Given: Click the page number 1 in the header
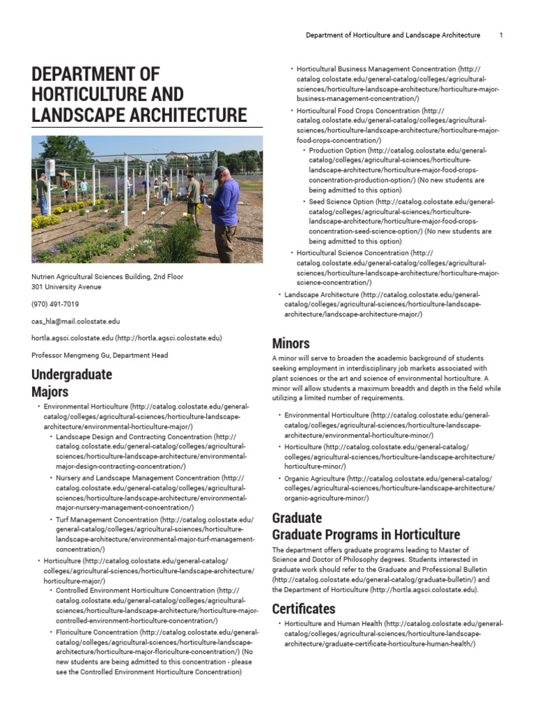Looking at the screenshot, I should [501, 35].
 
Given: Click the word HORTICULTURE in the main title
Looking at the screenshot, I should [108, 94].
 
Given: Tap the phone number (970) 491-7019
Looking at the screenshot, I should [55, 304].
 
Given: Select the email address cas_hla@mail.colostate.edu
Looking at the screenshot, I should [76, 321].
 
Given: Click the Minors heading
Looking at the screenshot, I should [290, 343].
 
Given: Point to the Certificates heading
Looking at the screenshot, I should [303, 608].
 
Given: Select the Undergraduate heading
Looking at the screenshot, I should [72, 374].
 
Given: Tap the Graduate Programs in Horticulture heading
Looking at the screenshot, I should [366, 535].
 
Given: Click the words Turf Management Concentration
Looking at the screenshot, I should [107, 519].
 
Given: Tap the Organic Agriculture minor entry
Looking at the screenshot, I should [315, 479].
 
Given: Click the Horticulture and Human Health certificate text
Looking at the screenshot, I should [333, 623].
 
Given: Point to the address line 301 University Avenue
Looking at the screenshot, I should [66, 287].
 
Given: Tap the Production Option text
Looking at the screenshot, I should [337, 150].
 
